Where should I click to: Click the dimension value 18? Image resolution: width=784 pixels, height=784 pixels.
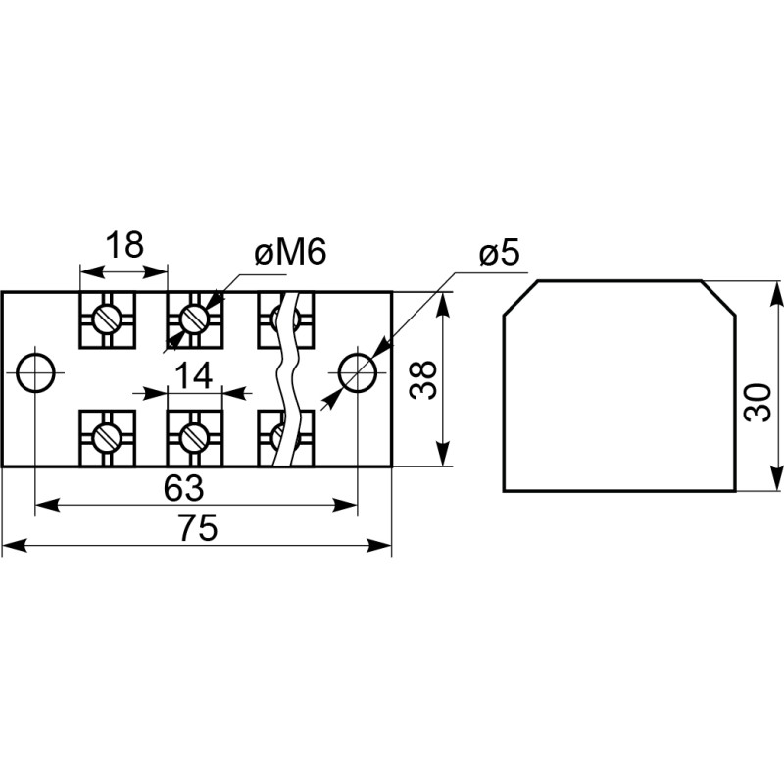[124, 244]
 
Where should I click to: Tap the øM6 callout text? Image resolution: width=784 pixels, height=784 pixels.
[290, 251]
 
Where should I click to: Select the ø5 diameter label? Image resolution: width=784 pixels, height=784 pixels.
[499, 253]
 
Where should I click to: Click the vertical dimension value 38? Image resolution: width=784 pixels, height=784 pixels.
[423, 379]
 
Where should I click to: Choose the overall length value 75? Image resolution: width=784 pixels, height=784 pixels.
[199, 528]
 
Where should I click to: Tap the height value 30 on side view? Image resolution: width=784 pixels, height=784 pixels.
[757, 402]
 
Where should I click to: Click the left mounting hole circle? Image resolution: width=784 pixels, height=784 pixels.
[35, 373]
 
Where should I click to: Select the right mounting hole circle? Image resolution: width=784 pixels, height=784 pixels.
[357, 373]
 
